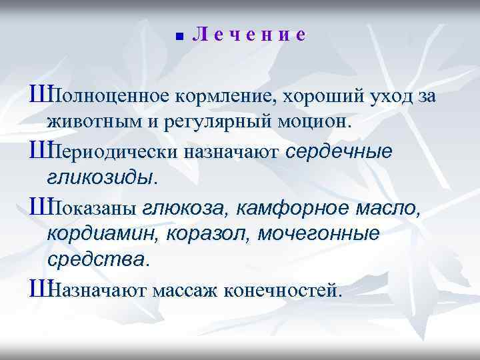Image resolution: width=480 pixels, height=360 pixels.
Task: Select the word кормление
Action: coord(226,97)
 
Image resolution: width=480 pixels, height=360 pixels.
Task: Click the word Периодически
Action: coord(113,152)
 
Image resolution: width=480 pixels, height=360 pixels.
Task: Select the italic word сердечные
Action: coord(339,152)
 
